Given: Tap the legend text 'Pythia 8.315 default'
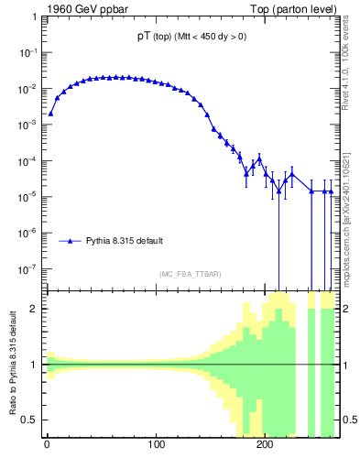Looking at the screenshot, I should click(125, 241).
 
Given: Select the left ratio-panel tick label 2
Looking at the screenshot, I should click(35, 309).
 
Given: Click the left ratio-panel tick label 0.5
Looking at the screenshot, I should click(31, 420).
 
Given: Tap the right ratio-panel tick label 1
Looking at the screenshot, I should click(346, 365).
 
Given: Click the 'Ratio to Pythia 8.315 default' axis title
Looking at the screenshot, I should click(13, 365).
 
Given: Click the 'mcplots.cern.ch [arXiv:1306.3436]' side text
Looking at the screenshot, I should click(352, 206).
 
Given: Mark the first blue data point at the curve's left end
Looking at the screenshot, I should click(51, 114).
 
